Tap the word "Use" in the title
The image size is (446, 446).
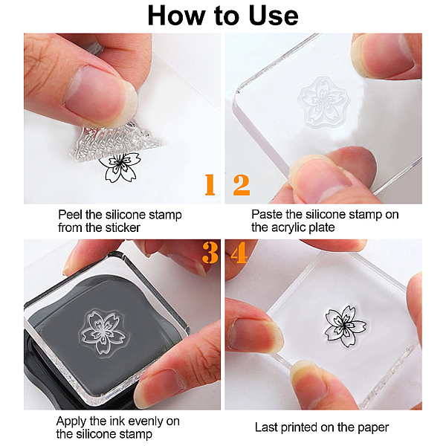pyautogui.click(x=274, y=16)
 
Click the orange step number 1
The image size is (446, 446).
pyautogui.click(x=210, y=184)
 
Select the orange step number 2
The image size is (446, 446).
pyautogui.click(x=242, y=185)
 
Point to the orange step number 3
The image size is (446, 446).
pyautogui.click(x=210, y=253)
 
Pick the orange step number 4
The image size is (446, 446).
pyautogui.click(x=239, y=253)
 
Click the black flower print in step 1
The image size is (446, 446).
pyautogui.click(x=120, y=167)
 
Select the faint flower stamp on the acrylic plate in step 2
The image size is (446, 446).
pyautogui.click(x=323, y=102)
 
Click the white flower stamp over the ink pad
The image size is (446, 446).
pyautogui.click(x=103, y=333)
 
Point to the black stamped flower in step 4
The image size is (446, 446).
pyautogui.click(x=346, y=326)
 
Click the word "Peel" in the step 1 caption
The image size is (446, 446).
pyautogui.click(x=71, y=215)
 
